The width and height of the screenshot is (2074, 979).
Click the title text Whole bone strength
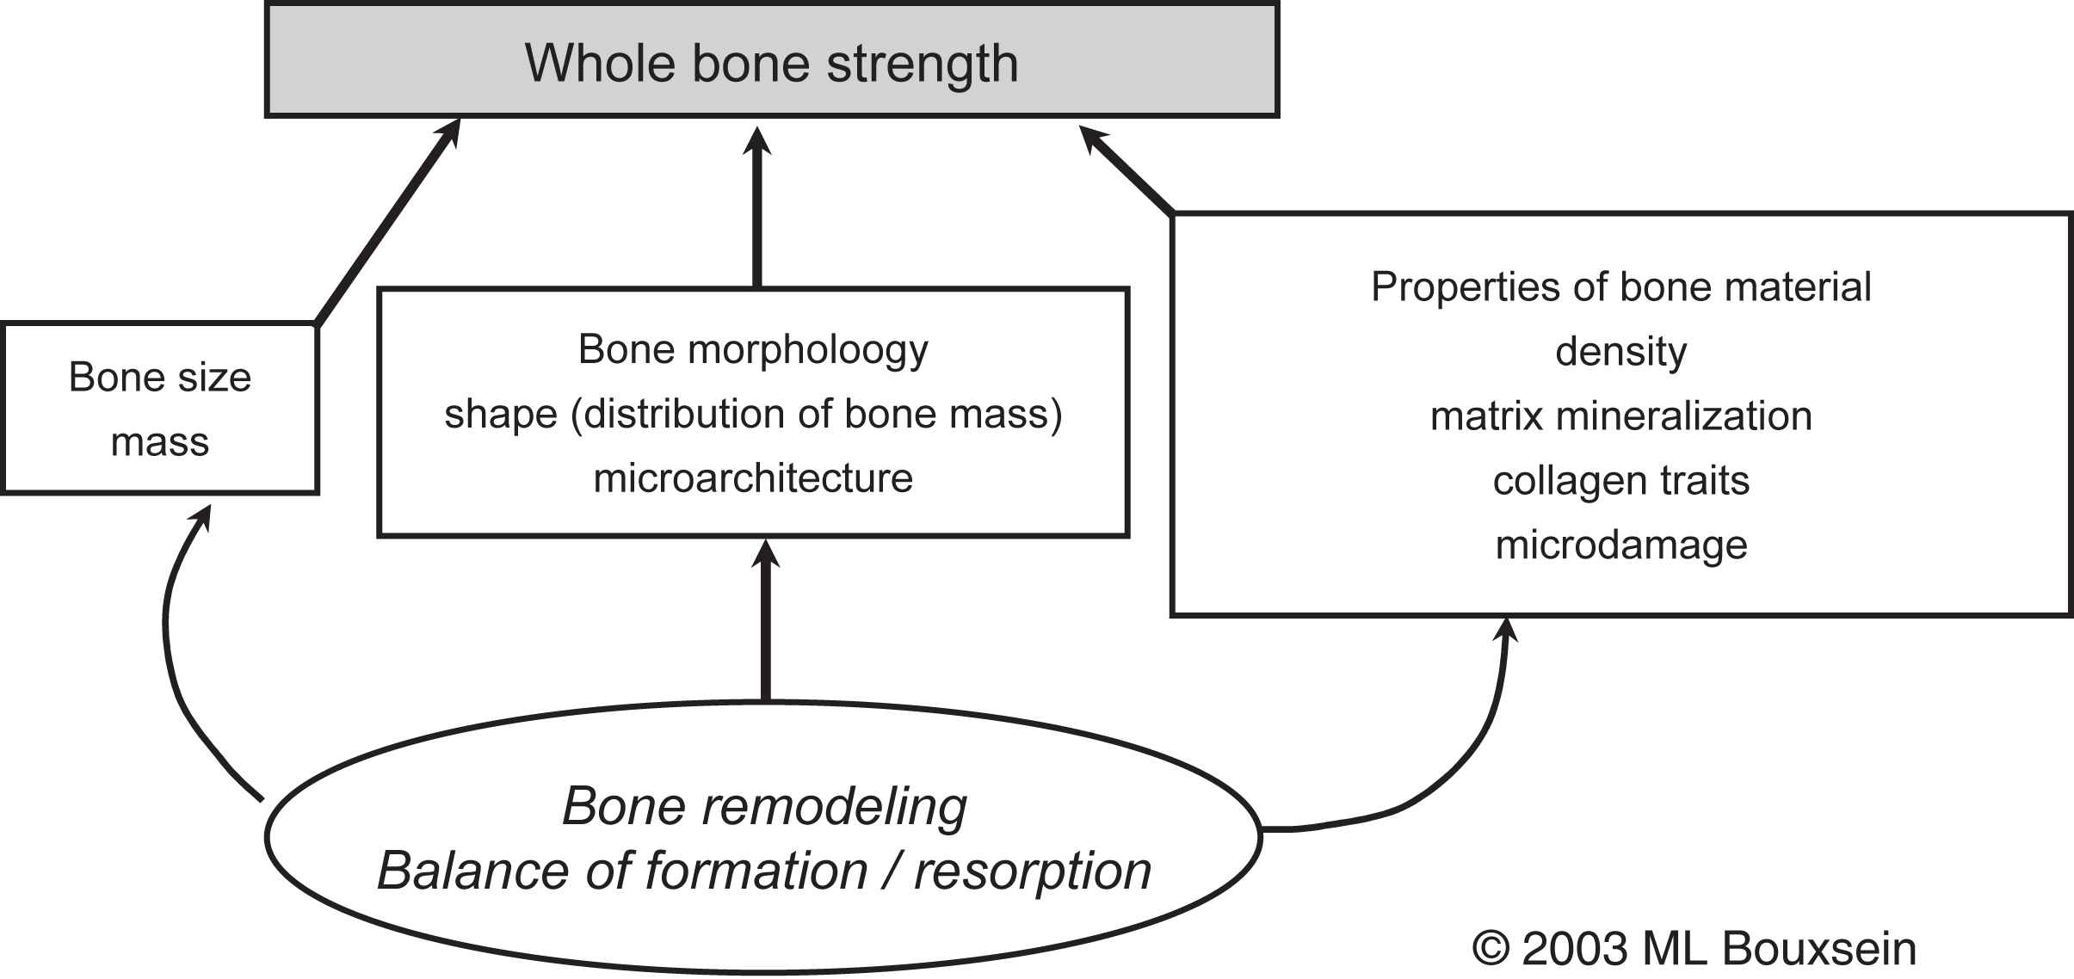coord(771,63)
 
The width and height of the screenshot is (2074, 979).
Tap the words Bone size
coord(160,378)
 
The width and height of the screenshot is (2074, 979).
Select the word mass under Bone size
coord(160,442)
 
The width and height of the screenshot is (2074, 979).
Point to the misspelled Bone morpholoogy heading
coord(753,349)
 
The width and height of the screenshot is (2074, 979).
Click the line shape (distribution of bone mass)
coord(753,414)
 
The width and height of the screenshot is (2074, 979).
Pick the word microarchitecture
coord(753,478)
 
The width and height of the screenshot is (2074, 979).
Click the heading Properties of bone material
coord(1620,287)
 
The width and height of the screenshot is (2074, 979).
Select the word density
coord(1620,352)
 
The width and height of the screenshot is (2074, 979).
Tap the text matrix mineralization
coord(1620,416)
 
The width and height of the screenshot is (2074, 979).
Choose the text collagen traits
coord(1620,481)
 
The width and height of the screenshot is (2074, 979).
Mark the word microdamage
coord(1620,545)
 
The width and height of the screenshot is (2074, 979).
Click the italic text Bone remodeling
coord(764,807)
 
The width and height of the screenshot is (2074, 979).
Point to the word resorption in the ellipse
coord(1033,871)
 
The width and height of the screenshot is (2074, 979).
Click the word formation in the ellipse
coord(756,871)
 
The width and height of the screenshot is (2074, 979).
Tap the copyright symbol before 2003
coord(1491,950)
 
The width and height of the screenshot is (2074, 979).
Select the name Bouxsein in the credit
coord(1819,950)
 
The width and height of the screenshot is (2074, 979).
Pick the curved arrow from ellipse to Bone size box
coord(172,654)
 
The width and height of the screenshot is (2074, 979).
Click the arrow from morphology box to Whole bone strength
coord(757,215)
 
